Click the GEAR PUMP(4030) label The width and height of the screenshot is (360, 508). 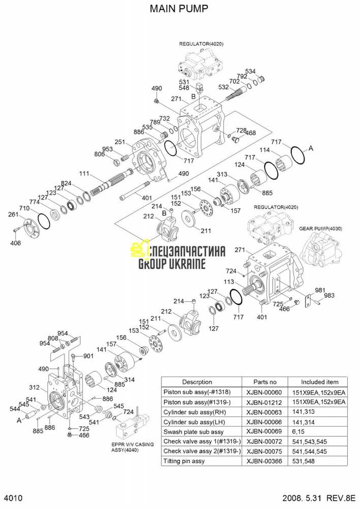[x=320, y=229]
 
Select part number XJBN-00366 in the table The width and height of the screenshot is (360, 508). [x=263, y=461]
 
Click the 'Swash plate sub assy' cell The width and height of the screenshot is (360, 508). [x=190, y=431]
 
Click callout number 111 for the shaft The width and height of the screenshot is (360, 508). [x=84, y=174]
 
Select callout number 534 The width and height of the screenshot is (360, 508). [x=265, y=71]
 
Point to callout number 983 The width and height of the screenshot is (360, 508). [x=329, y=295]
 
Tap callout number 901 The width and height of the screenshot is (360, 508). [x=88, y=356]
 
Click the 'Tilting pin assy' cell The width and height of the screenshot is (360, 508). [x=184, y=461]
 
